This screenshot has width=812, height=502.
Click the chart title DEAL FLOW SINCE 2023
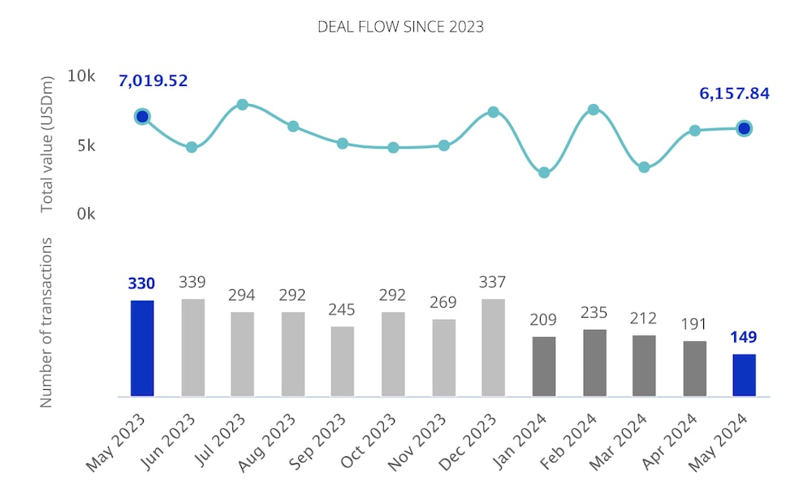pyautogui.click(x=400, y=27)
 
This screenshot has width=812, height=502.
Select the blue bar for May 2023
pyautogui.click(x=142, y=348)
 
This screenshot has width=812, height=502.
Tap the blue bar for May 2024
pyautogui.click(x=744, y=375)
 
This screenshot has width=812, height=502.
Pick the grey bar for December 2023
pyautogui.click(x=493, y=348)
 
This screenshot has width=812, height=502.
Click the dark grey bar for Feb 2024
pyautogui.click(x=594, y=363)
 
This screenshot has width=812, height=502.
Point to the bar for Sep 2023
pyautogui.click(x=343, y=361)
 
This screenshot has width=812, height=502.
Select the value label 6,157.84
pyautogui.click(x=734, y=93)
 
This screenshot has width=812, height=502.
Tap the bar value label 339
pyautogui.click(x=192, y=282)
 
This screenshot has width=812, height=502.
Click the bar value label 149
pyautogui.click(x=744, y=337)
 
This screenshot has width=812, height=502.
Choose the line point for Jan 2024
pyautogui.click(x=544, y=172)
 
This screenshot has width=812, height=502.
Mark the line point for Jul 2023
pyautogui.click(x=242, y=105)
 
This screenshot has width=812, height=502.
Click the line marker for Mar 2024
pyautogui.click(x=644, y=167)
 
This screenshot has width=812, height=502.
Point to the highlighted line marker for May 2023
pyautogui.click(x=142, y=117)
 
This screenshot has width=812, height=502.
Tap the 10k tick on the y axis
pyautogui.click(x=81, y=76)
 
